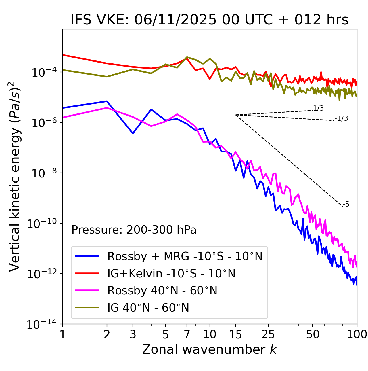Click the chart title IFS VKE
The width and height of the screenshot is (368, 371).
coord(209,20)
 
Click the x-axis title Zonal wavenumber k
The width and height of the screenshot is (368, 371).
coord(209,349)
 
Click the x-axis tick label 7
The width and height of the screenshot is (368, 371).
coord(187,334)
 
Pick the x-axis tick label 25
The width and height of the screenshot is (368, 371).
coord(268,334)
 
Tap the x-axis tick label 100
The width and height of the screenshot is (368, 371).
coord(357,334)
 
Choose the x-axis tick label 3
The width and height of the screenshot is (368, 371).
coord(133,334)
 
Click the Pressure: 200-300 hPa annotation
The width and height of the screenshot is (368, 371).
coord(134,230)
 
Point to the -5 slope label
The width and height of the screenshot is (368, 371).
coord(346,205)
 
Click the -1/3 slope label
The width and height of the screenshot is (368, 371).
coord(342,118)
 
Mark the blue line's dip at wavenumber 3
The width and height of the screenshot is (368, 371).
coord(133,133)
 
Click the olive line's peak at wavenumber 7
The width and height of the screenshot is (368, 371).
coord(187,57)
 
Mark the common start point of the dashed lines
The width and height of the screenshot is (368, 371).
coord(236,115)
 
